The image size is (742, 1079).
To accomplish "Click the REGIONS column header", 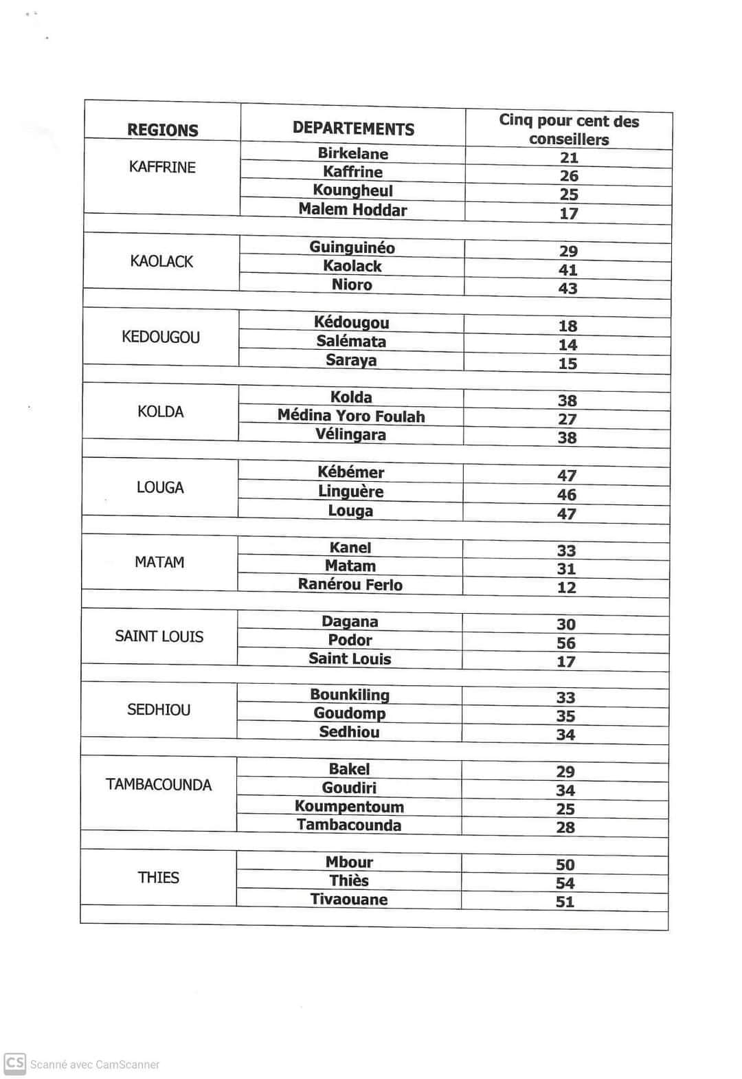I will point(163,130).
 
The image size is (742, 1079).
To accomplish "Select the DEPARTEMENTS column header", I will point(353,129).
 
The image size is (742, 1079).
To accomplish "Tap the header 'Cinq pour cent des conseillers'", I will point(569,130).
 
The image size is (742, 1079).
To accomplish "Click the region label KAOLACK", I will point(161,261).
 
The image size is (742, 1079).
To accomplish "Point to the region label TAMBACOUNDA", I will point(159,785).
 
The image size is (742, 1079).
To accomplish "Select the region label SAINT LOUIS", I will point(159,636).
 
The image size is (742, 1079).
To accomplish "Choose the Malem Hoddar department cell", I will point(352,210).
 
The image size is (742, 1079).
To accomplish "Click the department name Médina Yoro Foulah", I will point(351,416).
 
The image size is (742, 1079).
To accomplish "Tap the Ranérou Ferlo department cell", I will point(350,585).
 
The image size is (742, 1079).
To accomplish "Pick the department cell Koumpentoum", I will point(349,806).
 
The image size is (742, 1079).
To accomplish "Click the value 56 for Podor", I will point(566,643).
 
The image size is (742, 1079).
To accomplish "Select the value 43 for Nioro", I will point(567,289).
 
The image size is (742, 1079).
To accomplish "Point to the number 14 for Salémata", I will point(567,345).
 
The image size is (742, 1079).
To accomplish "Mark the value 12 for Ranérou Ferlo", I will point(566,588).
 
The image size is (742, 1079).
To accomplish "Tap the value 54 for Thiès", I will point(565,883).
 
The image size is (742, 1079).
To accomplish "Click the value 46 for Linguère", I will point(567,495).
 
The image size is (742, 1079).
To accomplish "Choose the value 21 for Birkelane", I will point(569,158).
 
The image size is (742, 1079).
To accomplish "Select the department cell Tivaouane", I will point(349,900).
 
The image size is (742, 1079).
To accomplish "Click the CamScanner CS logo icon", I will point(14,1063).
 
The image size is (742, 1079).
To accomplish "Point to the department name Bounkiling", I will point(350,695).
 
